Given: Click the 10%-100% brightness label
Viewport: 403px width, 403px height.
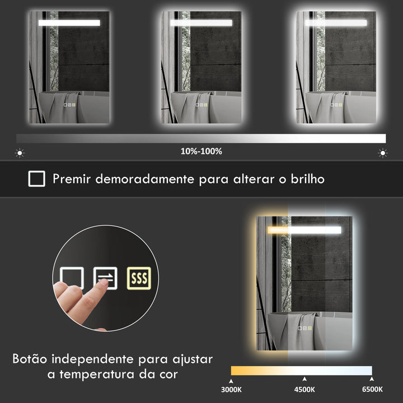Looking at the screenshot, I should point(201,151).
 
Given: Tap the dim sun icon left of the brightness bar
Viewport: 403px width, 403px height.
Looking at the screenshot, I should point(20,152).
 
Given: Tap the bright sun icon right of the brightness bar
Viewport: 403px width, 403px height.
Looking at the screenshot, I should point(383,152).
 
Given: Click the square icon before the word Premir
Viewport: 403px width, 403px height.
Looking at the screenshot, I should point(37,179).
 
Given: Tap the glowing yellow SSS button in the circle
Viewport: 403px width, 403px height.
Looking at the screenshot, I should point(138,278).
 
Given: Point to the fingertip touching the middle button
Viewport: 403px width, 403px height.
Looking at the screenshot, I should point(101,284).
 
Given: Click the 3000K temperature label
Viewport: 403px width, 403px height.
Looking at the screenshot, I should point(231,390).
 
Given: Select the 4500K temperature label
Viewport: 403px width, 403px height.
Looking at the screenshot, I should point(304,390).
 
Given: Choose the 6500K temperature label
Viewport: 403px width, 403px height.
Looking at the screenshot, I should point(372,390).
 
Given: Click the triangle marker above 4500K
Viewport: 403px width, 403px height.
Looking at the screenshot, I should point(304,379).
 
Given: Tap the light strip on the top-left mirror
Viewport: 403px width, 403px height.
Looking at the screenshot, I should point(69,23).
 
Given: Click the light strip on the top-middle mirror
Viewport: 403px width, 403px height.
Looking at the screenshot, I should point(201,23).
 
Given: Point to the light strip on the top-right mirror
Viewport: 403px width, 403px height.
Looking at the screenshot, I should point(336,23).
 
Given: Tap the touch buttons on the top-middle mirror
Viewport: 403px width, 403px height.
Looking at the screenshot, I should point(201,104).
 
